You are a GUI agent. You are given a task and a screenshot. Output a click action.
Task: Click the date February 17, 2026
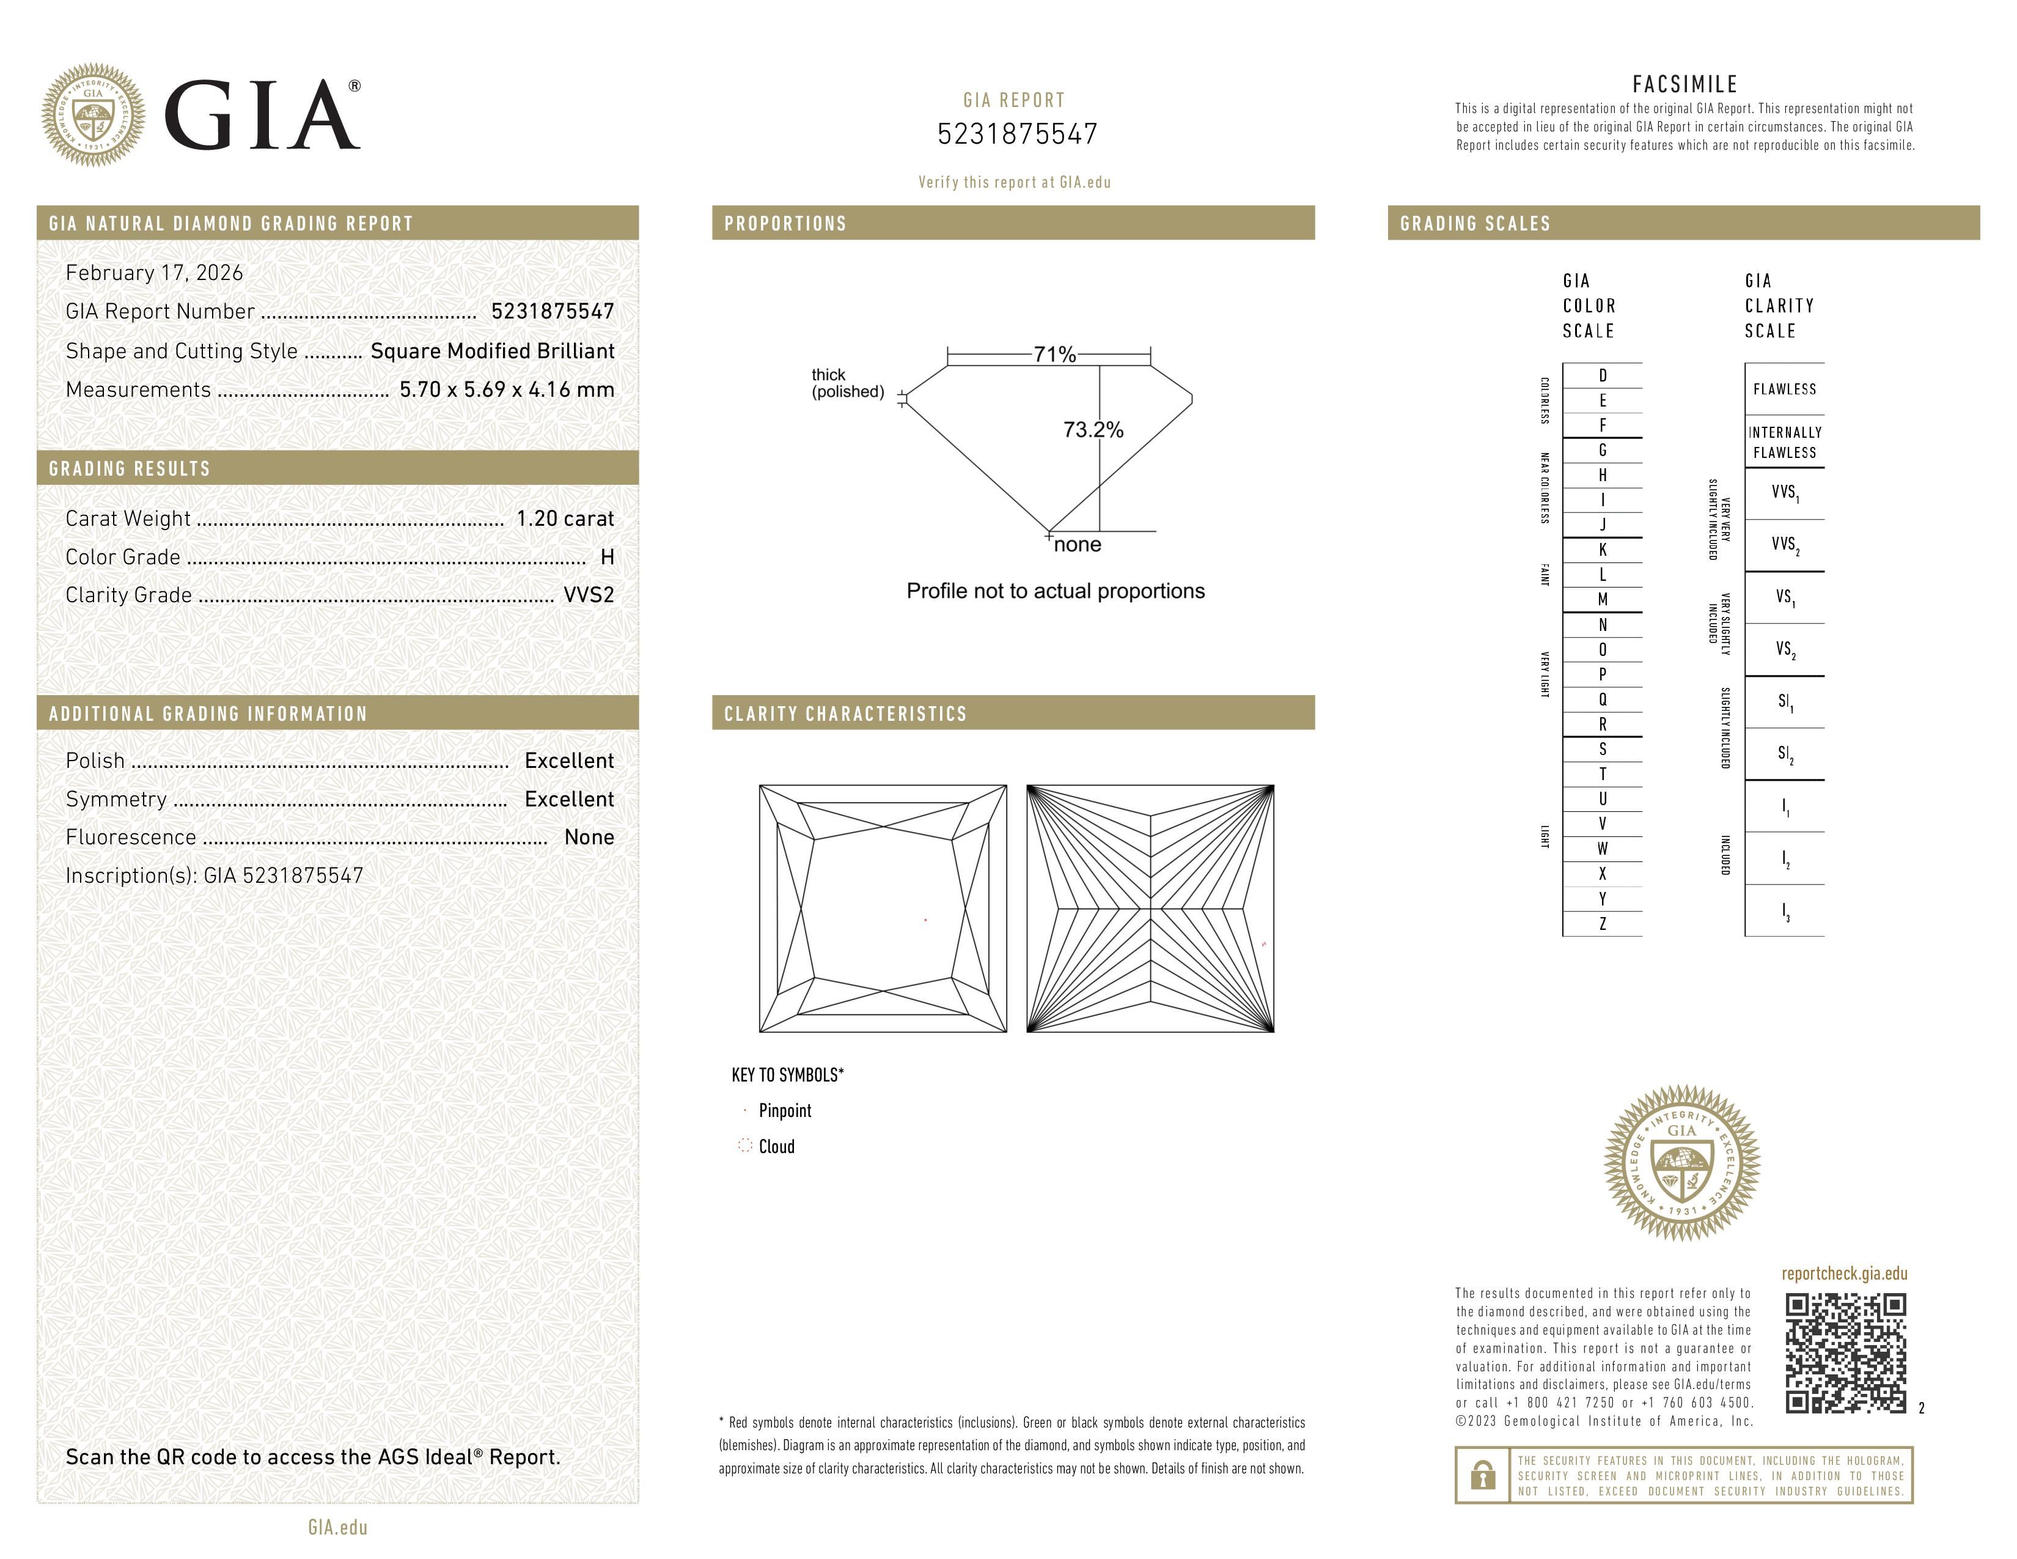point(154,273)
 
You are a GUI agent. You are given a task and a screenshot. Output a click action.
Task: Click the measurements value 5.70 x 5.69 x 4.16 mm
point(506,390)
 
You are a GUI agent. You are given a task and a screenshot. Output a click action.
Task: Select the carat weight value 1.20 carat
point(564,518)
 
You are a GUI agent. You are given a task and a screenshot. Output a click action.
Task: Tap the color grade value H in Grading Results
point(607,557)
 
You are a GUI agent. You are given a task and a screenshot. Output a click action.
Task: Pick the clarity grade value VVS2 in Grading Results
point(588,595)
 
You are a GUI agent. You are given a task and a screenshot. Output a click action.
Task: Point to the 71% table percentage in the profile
point(1054,355)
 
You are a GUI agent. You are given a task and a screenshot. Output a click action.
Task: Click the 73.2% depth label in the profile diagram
point(1093,429)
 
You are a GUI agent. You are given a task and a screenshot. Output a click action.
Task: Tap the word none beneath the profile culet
point(1077,545)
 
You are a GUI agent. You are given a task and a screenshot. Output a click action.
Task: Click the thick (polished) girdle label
point(847,383)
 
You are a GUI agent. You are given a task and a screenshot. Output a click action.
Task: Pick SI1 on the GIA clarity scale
point(1784,702)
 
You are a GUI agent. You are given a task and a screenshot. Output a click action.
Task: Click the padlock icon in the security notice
point(1482,1475)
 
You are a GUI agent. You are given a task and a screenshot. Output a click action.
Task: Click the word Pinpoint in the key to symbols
point(784,1111)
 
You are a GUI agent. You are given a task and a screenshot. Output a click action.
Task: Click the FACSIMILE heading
point(1685,84)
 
